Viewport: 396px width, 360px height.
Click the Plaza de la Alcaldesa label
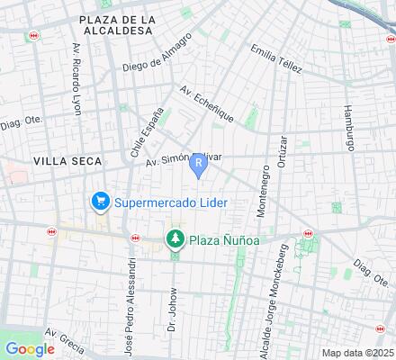pyautogui.click(x=118, y=24)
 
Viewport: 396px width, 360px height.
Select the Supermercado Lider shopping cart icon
pyautogui.click(x=99, y=202)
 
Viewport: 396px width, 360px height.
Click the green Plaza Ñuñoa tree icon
pyautogui.click(x=175, y=239)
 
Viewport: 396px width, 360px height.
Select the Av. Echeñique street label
pyautogui.click(x=207, y=103)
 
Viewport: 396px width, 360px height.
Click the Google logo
pyautogui.click(x=30, y=349)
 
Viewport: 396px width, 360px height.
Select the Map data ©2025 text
pyautogui.click(x=357, y=352)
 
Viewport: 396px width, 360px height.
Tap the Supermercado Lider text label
pyautogui.click(x=169, y=202)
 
